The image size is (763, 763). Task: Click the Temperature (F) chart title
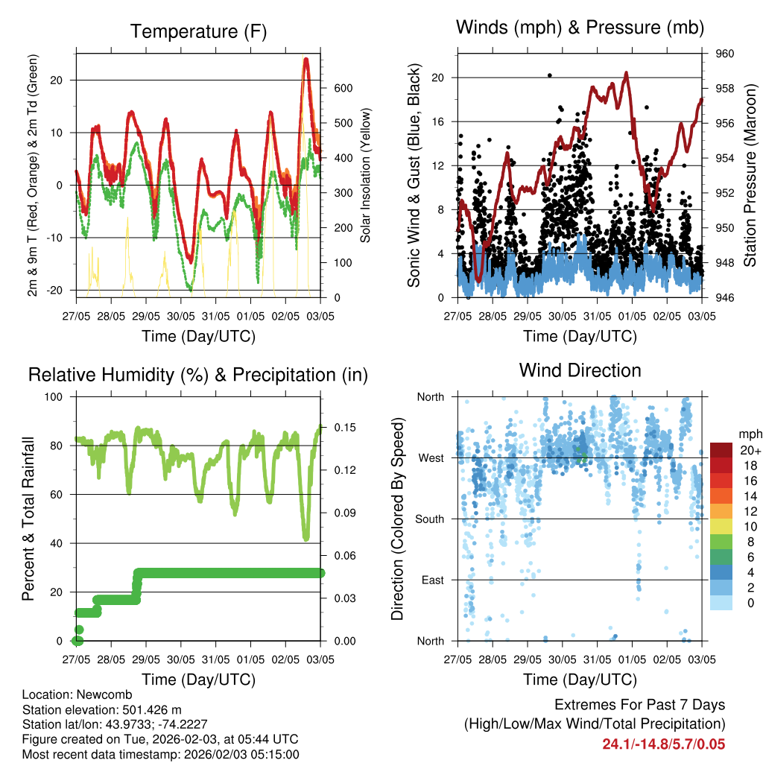(197, 32)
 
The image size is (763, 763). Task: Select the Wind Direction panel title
(580, 370)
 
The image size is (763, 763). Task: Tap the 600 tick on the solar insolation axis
(343, 88)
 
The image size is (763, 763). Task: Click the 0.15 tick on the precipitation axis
(338, 427)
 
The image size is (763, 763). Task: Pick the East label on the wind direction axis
(431, 580)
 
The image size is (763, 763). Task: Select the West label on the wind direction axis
(430, 458)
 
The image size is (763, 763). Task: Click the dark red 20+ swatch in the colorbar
(721, 450)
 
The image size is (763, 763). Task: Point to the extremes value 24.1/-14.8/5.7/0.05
(663, 744)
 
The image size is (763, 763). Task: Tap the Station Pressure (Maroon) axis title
(750, 175)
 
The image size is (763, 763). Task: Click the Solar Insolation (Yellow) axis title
(366, 176)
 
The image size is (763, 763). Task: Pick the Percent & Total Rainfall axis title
(28, 519)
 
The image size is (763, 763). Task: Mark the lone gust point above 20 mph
(550, 75)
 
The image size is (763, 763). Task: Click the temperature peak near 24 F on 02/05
(305, 59)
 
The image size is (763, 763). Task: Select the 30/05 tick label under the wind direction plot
(562, 659)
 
